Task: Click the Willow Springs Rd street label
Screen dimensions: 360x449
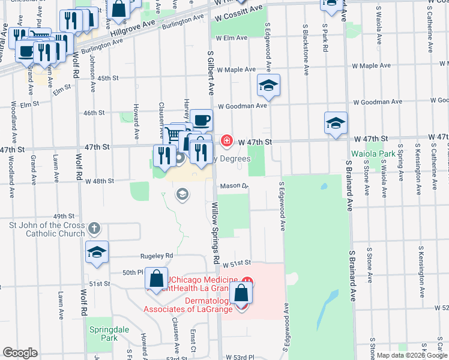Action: click(x=214, y=231)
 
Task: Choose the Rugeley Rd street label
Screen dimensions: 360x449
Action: click(x=157, y=255)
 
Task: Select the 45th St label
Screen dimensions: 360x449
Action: click(x=109, y=78)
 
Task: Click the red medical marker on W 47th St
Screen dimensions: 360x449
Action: click(x=227, y=141)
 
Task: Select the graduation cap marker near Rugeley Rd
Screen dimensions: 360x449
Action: click(x=96, y=254)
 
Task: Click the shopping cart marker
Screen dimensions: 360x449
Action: click(x=175, y=134)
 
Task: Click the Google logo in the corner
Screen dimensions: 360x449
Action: click(x=20, y=353)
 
